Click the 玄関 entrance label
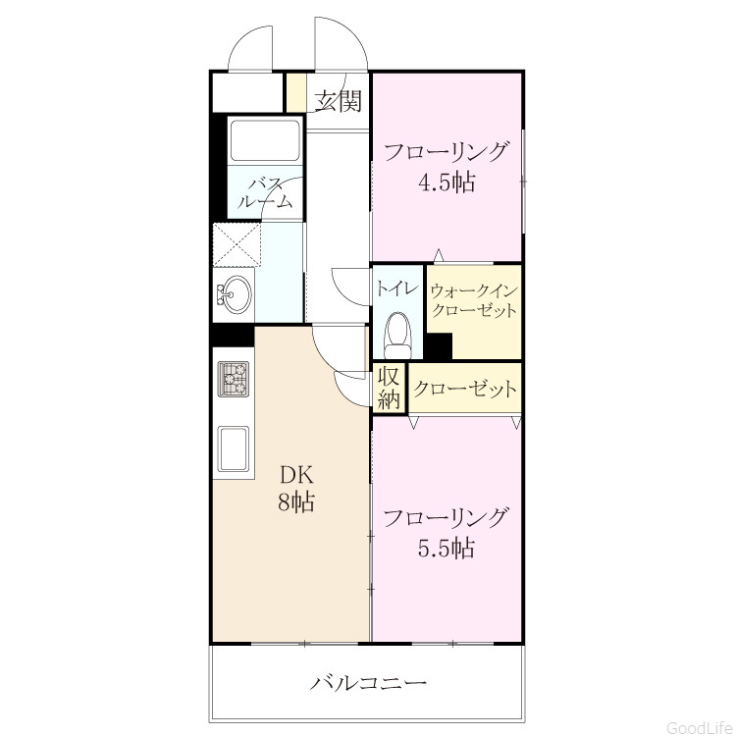(x=338, y=100)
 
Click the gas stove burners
(x=234, y=379)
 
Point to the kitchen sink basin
(x=234, y=447)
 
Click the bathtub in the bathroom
(x=265, y=140)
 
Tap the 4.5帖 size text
(x=447, y=183)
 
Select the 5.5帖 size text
(x=447, y=549)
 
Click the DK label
(x=296, y=475)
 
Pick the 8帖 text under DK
(x=296, y=501)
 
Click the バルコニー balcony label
(x=368, y=682)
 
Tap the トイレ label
(x=397, y=289)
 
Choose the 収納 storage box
(x=390, y=388)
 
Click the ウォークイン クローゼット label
(x=474, y=300)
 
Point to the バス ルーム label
(x=265, y=193)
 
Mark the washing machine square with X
(x=237, y=245)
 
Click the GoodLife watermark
(x=700, y=727)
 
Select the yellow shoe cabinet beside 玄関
(x=296, y=92)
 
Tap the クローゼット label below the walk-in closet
(x=465, y=389)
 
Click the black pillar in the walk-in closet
(x=439, y=346)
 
